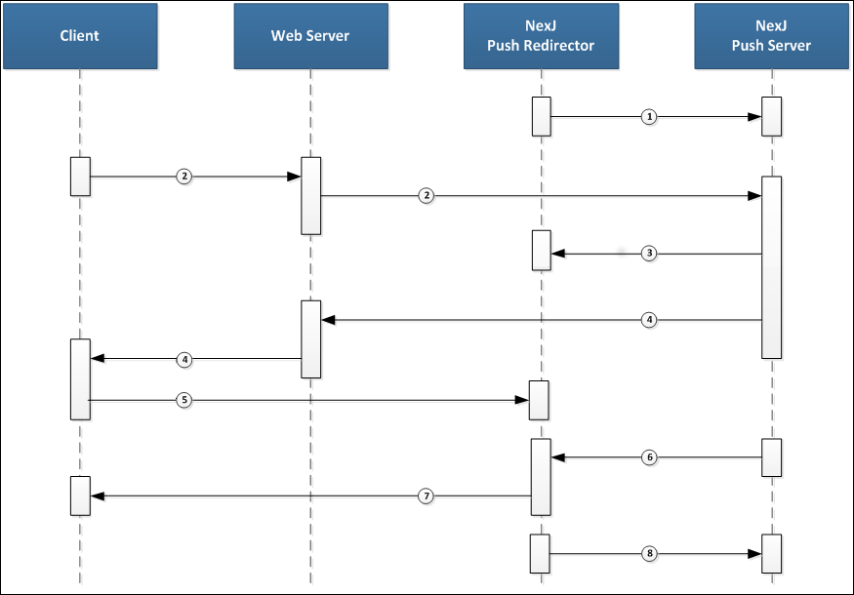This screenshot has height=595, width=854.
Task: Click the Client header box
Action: [x=79, y=36]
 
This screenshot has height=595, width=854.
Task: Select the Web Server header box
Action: [x=309, y=36]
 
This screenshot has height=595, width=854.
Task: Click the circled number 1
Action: [x=650, y=117]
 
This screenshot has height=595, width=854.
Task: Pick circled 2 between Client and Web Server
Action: [x=183, y=177]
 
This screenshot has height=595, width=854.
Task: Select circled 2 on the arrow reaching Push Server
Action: [x=426, y=196]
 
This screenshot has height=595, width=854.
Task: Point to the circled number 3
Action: [x=650, y=254]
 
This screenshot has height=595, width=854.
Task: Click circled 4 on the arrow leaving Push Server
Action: [x=650, y=319]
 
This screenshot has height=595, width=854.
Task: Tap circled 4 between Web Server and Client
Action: [x=183, y=359]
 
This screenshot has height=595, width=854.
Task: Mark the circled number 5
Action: [x=183, y=400]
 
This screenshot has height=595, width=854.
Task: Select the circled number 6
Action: [x=650, y=456]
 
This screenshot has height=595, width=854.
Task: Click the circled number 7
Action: [x=426, y=496]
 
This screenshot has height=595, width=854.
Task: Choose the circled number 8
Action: [x=650, y=553]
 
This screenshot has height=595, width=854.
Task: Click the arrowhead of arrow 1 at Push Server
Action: [x=755, y=117]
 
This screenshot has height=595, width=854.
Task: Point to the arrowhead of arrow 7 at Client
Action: [x=97, y=496]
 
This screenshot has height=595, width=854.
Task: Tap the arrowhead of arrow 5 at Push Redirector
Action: [x=523, y=400]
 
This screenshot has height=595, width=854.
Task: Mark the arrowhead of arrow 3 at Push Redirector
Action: [x=557, y=254]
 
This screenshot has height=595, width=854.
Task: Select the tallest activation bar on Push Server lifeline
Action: [x=771, y=266]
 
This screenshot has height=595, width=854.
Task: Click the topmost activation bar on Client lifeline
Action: [x=80, y=176]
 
